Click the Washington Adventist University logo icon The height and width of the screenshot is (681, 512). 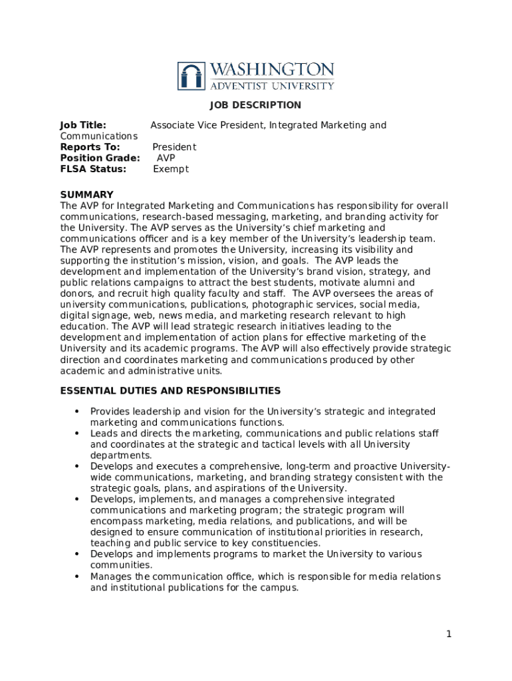coord(192,76)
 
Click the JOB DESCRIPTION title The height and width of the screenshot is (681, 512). coord(255,105)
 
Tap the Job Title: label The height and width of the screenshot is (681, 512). coord(83,125)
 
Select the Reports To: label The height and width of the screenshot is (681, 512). coord(90,147)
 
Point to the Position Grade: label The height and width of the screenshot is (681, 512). coord(100,158)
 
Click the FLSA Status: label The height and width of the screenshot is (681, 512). coord(93,169)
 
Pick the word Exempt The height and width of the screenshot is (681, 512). coord(171,169)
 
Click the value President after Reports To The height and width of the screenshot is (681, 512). coord(174,147)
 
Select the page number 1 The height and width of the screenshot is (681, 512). coord(449,634)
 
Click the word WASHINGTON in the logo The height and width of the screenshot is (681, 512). coord(272,70)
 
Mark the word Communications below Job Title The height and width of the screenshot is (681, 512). coord(98,136)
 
